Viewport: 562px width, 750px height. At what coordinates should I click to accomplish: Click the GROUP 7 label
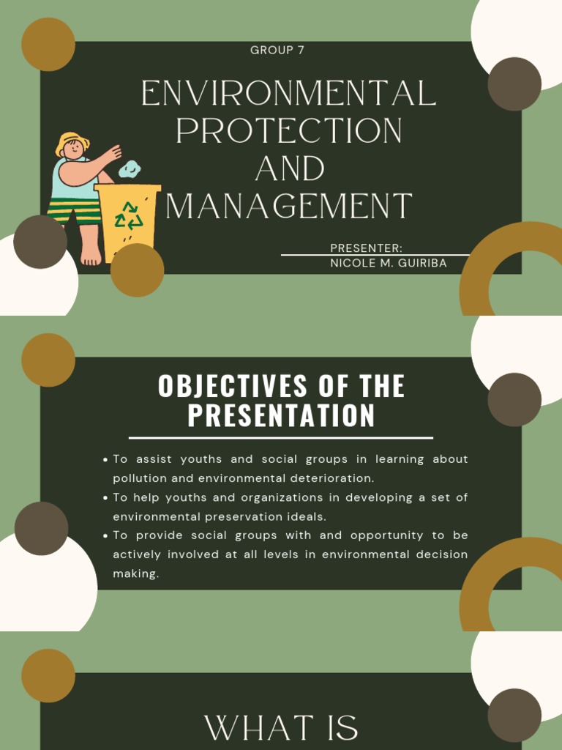click(277, 51)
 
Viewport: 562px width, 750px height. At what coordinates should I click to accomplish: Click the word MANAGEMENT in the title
click(289, 207)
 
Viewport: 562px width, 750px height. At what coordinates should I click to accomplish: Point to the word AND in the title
click(290, 169)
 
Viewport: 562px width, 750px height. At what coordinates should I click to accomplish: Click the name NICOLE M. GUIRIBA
click(388, 264)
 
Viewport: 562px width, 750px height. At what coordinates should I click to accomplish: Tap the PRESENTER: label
click(367, 248)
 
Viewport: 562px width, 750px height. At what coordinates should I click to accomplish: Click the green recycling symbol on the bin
click(130, 215)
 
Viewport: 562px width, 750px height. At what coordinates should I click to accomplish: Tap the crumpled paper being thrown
click(130, 169)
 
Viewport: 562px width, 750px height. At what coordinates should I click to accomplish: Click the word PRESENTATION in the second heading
click(281, 416)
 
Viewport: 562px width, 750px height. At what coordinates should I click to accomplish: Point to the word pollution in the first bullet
click(140, 478)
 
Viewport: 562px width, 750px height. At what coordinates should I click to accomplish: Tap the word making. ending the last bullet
click(135, 573)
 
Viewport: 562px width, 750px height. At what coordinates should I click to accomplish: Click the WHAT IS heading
click(281, 728)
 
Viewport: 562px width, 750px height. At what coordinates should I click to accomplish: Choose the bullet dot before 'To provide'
click(105, 535)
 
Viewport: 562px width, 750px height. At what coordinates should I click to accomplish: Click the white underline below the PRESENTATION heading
click(281, 438)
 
